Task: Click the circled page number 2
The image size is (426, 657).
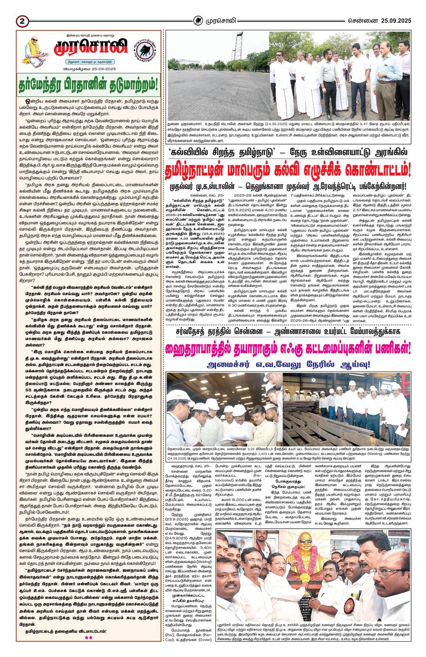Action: (x=21, y=21)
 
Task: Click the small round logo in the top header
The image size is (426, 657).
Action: (x=199, y=20)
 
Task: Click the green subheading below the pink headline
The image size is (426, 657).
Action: (x=288, y=364)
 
